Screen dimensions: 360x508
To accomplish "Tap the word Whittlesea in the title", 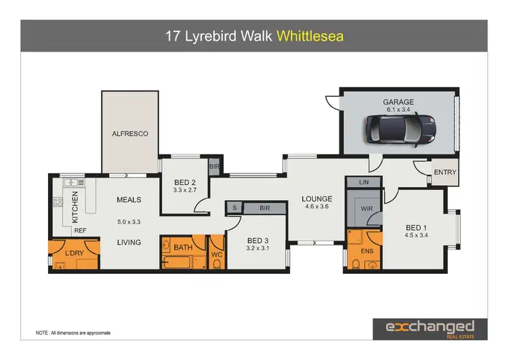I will click(310, 36).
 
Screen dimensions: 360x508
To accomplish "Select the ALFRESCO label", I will click(129, 134).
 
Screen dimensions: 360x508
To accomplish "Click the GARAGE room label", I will click(398, 102).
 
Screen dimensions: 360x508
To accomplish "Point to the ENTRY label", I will click(445, 172).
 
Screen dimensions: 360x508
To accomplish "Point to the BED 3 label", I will click(258, 241).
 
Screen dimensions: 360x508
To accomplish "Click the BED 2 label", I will click(185, 182).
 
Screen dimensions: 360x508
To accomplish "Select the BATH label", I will click(183, 248).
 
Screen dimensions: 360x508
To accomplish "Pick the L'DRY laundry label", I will click(74, 254).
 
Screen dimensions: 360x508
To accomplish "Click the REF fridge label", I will click(80, 231).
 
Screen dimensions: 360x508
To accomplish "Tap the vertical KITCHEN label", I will click(75, 207).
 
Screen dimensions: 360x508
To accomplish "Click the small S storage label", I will click(234, 208).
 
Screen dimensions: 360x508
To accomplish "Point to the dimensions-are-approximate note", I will click(73, 333).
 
